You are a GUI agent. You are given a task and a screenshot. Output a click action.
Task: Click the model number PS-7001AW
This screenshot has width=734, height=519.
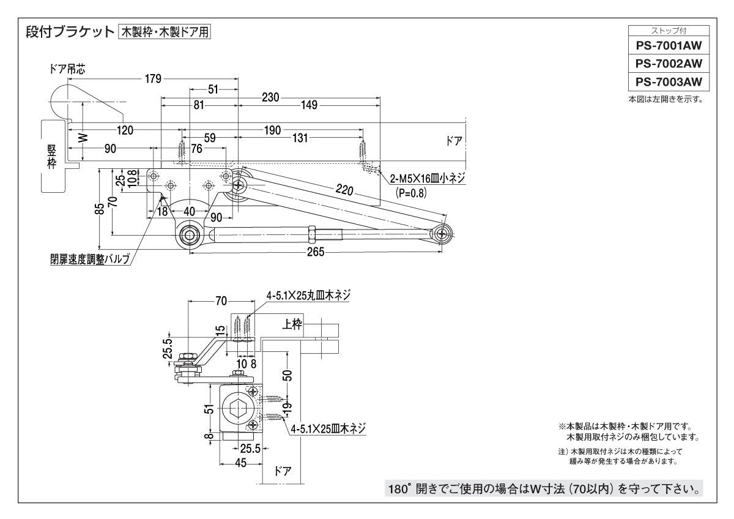668,45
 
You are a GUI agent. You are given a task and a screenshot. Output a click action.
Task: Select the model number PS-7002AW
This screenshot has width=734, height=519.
668,63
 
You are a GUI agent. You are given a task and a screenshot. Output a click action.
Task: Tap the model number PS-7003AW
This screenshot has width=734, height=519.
668,81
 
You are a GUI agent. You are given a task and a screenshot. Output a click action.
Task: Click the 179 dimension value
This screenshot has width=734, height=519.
153,78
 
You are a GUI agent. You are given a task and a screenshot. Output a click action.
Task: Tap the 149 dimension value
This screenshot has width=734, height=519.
310,105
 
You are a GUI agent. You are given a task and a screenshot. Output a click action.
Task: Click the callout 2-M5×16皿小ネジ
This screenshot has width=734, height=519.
428,179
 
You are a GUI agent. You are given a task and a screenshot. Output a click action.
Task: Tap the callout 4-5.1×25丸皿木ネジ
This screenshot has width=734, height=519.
308,295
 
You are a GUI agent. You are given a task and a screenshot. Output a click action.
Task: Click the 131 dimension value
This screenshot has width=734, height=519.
300,138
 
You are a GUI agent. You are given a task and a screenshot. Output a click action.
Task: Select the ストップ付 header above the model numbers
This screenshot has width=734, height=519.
668,30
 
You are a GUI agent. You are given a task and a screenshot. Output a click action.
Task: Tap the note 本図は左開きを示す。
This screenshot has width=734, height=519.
665,100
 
